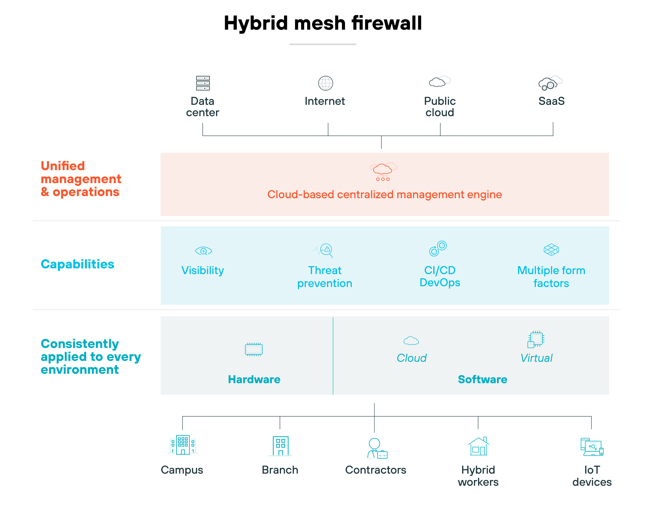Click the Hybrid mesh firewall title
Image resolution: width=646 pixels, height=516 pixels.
[323, 23]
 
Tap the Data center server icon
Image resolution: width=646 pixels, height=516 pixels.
[203, 83]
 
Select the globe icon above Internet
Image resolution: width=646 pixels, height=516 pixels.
[325, 83]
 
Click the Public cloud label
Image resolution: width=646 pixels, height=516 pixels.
[440, 107]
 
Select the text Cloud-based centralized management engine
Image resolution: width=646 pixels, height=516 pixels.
[384, 195]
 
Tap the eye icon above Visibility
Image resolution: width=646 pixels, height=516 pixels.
[203, 251]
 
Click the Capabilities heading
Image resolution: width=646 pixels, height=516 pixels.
[77, 264]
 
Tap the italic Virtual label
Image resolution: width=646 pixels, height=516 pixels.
[536, 358]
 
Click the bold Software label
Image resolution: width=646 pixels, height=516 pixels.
[482, 379]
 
